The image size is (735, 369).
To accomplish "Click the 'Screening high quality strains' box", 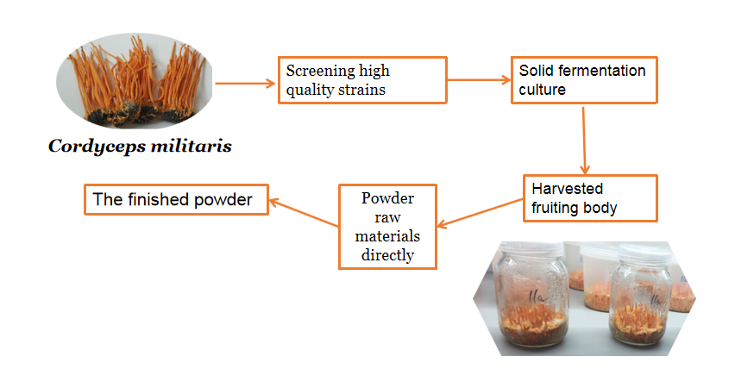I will coord(362,80).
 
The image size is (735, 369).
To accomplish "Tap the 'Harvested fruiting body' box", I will coord(590,197).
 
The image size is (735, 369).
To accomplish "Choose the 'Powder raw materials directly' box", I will coord(387,226).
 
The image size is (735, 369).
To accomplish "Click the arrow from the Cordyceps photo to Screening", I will coord(245,84).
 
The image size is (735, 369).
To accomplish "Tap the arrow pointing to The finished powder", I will coord(303,212).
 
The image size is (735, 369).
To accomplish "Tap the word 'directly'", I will coord(387,255).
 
